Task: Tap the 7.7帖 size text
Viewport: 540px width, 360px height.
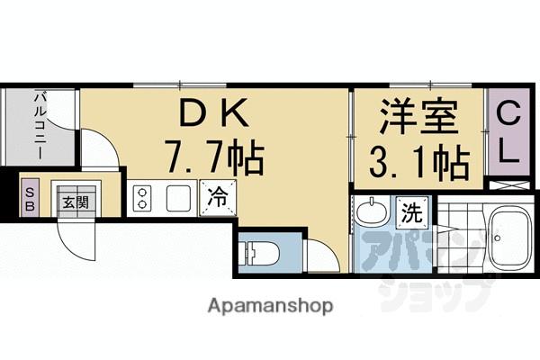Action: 214,160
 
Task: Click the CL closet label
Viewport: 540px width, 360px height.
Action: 508,133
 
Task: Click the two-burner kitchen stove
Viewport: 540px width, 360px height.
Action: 142,197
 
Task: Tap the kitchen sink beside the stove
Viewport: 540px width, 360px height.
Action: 178,197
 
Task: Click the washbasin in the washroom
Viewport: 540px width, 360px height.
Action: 371,216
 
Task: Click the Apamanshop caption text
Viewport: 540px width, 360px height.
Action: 270,305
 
